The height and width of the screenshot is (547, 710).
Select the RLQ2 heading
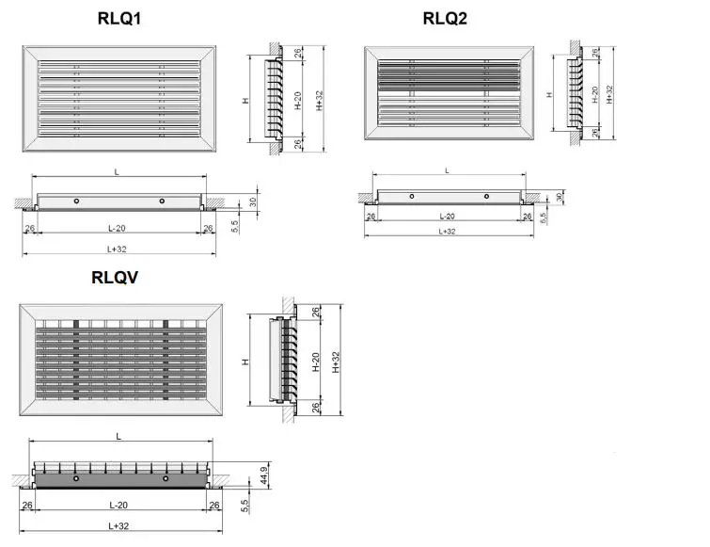(x=445, y=18)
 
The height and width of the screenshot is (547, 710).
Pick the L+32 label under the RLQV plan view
(x=118, y=525)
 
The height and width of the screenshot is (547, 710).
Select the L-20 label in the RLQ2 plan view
(x=447, y=217)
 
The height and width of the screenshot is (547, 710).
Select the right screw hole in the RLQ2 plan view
(x=486, y=196)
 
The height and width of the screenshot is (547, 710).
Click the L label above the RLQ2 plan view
(x=447, y=170)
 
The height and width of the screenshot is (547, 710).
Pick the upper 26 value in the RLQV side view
(x=313, y=313)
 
